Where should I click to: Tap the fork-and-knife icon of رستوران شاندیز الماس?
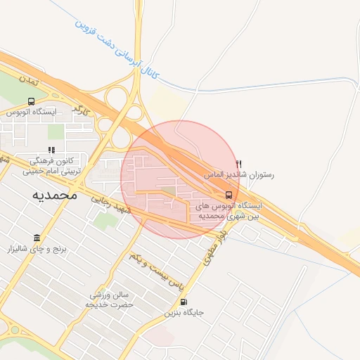(x=238, y=164)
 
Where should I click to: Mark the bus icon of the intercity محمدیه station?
(x=229, y=195)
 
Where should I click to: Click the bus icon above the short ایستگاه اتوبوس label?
(x=31, y=101)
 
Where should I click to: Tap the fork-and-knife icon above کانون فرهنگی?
(x=51, y=150)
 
